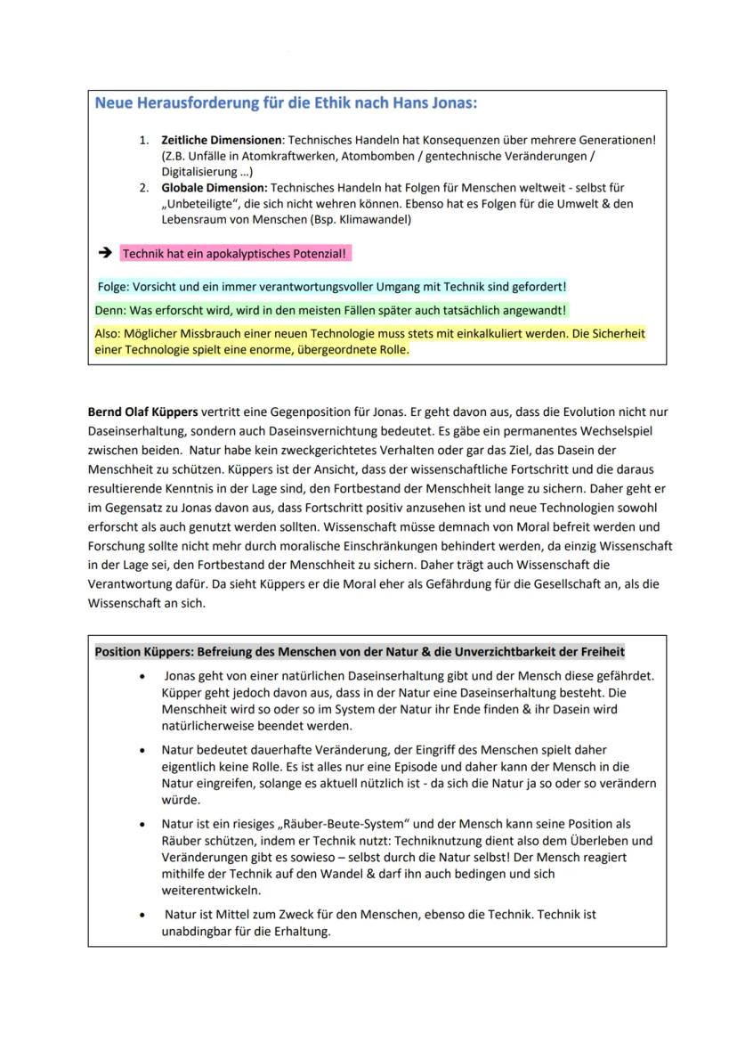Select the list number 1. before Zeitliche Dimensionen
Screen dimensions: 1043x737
click(144, 141)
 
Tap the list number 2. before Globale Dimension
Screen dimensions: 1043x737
click(144, 189)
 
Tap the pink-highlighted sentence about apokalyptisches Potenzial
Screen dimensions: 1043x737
click(235, 255)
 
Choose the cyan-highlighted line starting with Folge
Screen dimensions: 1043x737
click(331, 287)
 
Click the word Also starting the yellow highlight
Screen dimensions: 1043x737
click(108, 334)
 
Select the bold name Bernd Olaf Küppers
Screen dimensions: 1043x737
click(142, 411)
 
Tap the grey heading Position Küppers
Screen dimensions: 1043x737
click(360, 651)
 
